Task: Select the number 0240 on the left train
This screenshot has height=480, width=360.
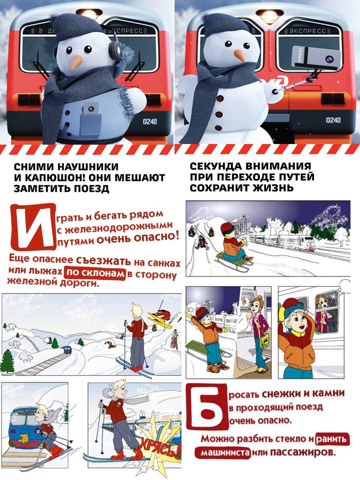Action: pos(150,121)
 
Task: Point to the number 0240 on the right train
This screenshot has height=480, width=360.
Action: pos(333,119)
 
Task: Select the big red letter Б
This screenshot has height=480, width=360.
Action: pos(207,407)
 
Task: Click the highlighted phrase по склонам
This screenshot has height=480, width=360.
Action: pos(95,273)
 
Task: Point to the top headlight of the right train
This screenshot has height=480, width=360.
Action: pos(269,16)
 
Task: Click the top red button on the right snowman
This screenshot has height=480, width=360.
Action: pos(219,98)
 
